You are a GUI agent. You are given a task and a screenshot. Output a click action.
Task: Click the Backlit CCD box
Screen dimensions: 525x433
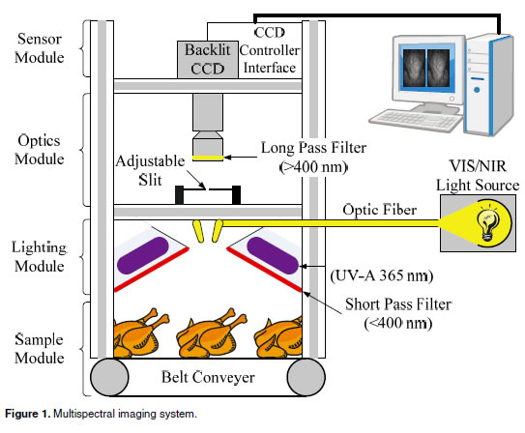coord(208,60)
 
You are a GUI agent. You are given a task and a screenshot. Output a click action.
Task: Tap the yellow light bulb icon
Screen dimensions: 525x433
coord(487,222)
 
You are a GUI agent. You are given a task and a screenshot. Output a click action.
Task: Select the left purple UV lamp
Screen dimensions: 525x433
coord(143,255)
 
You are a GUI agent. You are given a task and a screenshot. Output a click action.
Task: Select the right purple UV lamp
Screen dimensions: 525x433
coord(273,255)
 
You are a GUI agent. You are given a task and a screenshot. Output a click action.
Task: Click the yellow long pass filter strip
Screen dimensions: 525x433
coord(208,158)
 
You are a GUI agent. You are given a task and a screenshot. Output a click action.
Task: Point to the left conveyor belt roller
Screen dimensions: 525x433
coord(109,377)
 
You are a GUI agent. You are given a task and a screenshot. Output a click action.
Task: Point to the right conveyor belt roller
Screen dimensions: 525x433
coord(306,377)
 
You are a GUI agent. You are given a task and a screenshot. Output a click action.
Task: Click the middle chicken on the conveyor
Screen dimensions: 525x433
coord(212,333)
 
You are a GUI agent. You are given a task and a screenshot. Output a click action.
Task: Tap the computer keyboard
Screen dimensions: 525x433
coord(416,120)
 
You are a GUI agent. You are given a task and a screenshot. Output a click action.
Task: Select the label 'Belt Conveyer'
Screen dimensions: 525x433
coord(208,377)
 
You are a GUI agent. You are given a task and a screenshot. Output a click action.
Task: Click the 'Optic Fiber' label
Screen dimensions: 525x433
coord(380,210)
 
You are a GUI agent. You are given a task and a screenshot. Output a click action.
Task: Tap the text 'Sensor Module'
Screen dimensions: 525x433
coord(40,48)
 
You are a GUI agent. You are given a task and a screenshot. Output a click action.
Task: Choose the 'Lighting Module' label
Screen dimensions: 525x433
coord(40,257)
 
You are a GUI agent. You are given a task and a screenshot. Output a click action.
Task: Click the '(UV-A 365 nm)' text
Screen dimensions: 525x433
coord(382,275)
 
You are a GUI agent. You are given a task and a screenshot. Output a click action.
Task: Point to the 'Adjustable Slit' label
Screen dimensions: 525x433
coord(150,170)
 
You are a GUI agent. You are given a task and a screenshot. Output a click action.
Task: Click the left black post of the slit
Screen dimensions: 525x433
coord(180,194)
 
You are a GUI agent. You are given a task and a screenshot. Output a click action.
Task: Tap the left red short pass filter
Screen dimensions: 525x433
coord(152,270)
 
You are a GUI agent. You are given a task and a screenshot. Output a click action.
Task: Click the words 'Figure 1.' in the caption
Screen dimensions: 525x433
coord(27,414)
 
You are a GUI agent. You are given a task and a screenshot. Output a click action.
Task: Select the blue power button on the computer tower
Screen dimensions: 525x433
coord(477,90)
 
